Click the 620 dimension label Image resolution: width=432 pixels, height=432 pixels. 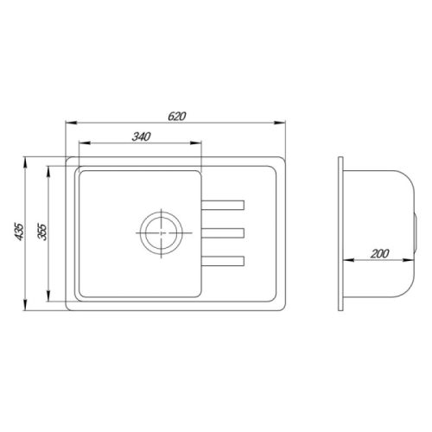point(177,116)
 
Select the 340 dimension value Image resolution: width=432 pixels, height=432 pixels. point(142,137)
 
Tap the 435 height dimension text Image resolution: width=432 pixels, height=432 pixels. point(19,232)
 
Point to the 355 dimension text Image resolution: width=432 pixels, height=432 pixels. point(42,232)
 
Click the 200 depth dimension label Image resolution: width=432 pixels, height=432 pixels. point(379,254)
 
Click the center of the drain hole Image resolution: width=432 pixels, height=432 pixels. point(161,233)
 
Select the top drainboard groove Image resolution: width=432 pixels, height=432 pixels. point(223,205)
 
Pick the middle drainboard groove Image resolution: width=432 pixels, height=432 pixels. point(223,233)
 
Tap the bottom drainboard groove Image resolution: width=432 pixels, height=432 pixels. point(223,261)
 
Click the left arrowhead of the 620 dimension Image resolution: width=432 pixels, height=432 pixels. point(72,123)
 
